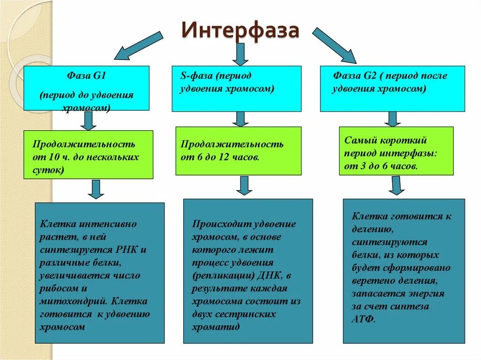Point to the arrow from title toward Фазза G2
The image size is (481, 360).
coord(334,46)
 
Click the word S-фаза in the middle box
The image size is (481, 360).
coord(197,76)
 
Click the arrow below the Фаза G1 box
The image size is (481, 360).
coord(88,121)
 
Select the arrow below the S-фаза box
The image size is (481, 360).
coord(240,119)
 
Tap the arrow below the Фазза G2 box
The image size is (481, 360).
coord(393,119)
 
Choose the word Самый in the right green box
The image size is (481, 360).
coord(360,140)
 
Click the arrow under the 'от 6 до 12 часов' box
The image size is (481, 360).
coord(244,185)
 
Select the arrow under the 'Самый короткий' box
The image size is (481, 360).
coord(396,185)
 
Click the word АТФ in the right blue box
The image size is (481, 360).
coord(362,319)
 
